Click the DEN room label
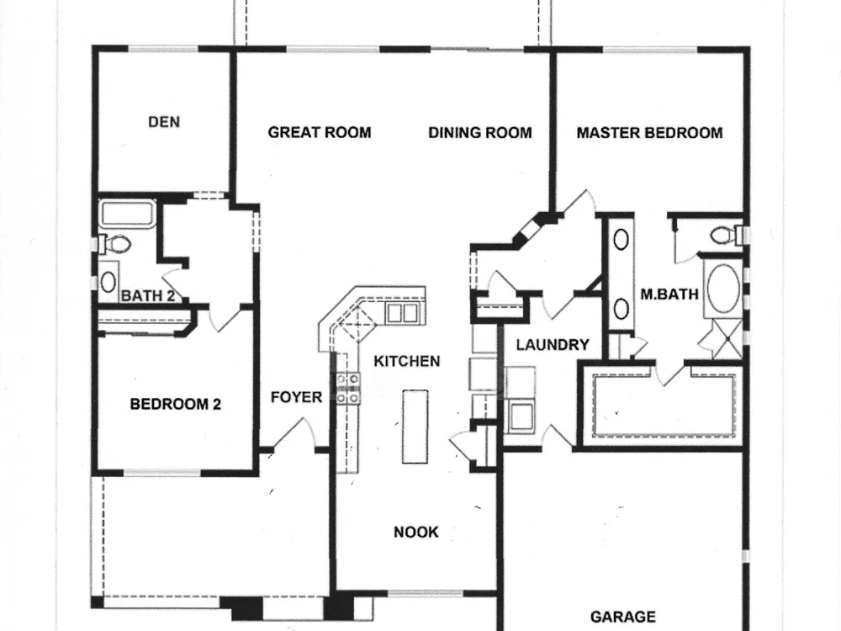point(164,122)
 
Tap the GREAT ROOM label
point(319,132)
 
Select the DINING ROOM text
point(480,132)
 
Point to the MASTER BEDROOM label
point(649,133)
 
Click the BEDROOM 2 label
point(176,404)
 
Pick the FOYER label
point(296,397)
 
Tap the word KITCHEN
point(406,361)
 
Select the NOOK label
point(415,532)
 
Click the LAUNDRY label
point(553,344)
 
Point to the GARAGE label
point(622,617)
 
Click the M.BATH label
point(669,294)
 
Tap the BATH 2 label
point(148,295)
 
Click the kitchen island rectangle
point(415,427)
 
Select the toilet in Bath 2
point(116,245)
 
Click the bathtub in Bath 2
point(128,214)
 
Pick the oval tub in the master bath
point(723,288)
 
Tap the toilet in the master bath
point(727,235)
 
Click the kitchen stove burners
point(347,388)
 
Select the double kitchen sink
point(402,313)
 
